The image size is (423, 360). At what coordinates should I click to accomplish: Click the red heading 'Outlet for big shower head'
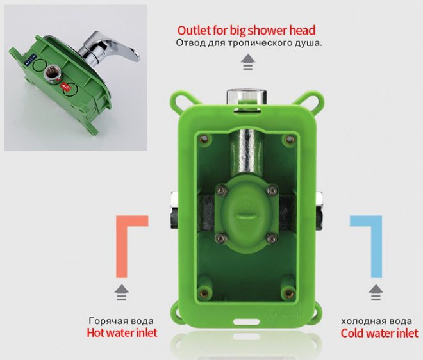[x=246, y=31]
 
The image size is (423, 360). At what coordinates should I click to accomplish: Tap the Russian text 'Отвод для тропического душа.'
[x=249, y=43]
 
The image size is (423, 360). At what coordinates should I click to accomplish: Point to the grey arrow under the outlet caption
[x=248, y=62]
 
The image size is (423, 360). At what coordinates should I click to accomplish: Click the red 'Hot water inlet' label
[x=122, y=332]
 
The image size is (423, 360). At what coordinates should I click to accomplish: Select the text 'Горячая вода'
[x=121, y=321]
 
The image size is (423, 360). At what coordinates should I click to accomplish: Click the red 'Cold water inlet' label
[x=379, y=333]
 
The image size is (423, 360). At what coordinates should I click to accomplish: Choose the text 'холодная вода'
[x=376, y=322]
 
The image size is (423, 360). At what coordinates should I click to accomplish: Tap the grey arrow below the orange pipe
[x=121, y=292]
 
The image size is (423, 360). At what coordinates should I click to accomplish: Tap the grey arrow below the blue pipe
[x=376, y=292]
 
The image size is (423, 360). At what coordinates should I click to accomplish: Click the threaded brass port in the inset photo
[x=51, y=74]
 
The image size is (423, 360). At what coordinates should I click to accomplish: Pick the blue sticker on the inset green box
[x=31, y=59]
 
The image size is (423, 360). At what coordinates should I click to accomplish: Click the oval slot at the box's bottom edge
[x=246, y=322]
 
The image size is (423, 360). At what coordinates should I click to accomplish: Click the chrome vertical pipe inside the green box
[x=246, y=154]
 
